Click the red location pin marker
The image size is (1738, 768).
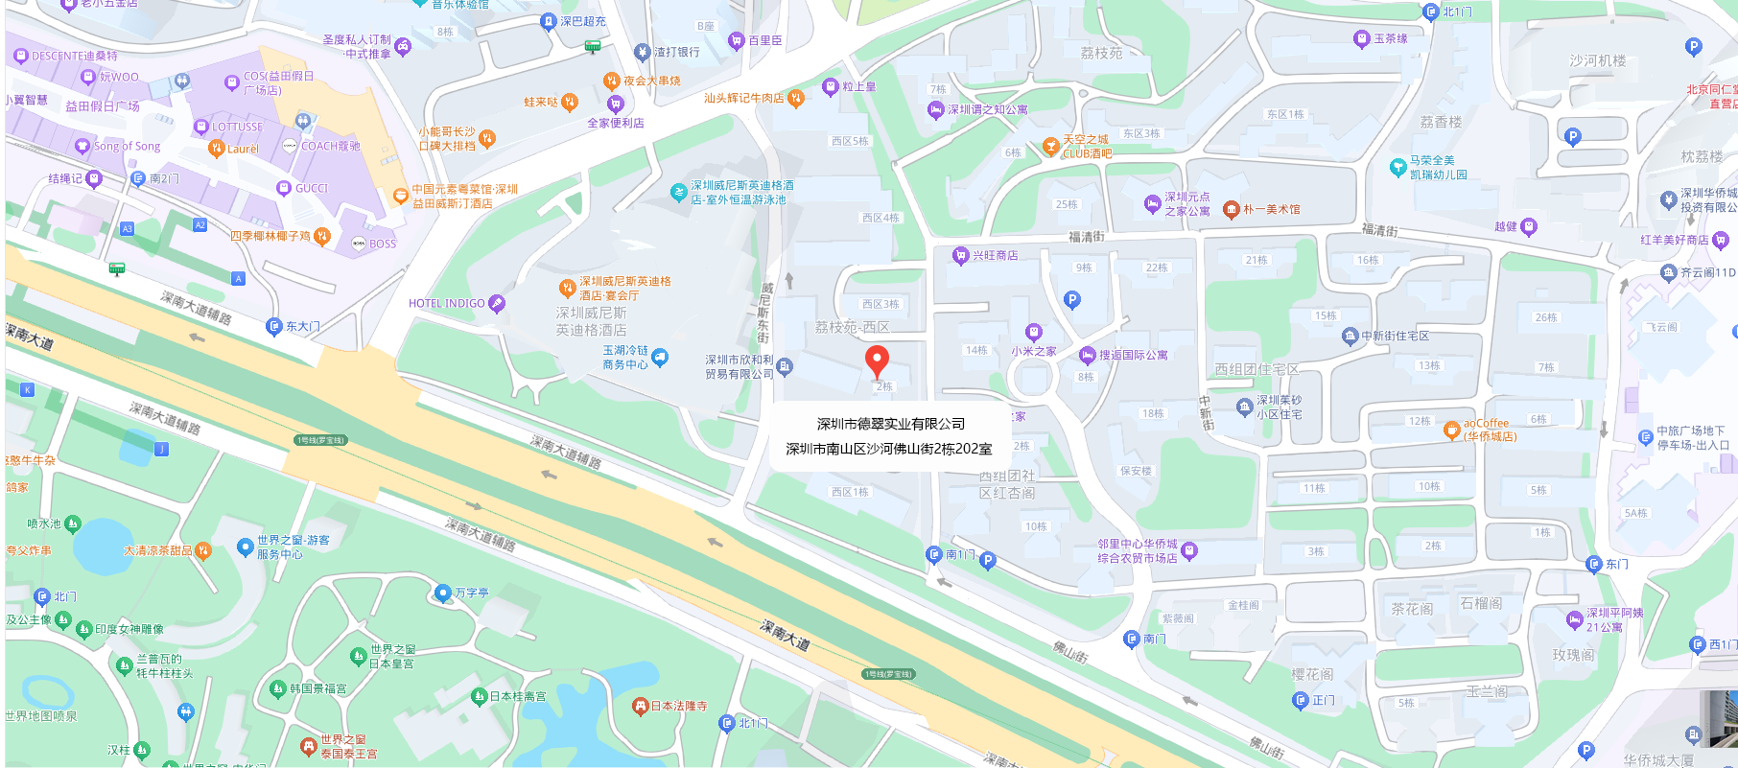point(877,361)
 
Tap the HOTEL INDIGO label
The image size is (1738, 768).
point(447,304)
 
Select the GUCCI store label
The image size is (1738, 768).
point(312,189)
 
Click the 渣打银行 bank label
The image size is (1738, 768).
point(676,52)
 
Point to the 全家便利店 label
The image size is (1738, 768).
point(616,123)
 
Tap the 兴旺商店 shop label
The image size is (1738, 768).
point(995,256)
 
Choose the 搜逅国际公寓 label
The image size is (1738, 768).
point(1133,356)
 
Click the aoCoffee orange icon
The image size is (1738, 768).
point(1451,431)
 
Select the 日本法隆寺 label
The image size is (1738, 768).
point(678,707)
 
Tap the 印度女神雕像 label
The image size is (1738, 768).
point(129,630)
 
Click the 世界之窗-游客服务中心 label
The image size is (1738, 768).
point(293,547)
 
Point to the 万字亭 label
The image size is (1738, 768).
point(471,593)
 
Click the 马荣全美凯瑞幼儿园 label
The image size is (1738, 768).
point(1438,168)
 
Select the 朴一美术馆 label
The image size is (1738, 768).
point(1271,210)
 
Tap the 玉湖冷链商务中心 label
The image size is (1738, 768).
point(625,358)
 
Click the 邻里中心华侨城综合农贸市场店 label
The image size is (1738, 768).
point(1138,550)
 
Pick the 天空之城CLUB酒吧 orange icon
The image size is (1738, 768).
point(1051,147)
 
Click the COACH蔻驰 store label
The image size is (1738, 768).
point(330,147)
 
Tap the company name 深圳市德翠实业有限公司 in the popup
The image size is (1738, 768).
point(890,424)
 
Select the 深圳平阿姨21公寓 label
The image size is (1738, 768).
point(1614,619)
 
